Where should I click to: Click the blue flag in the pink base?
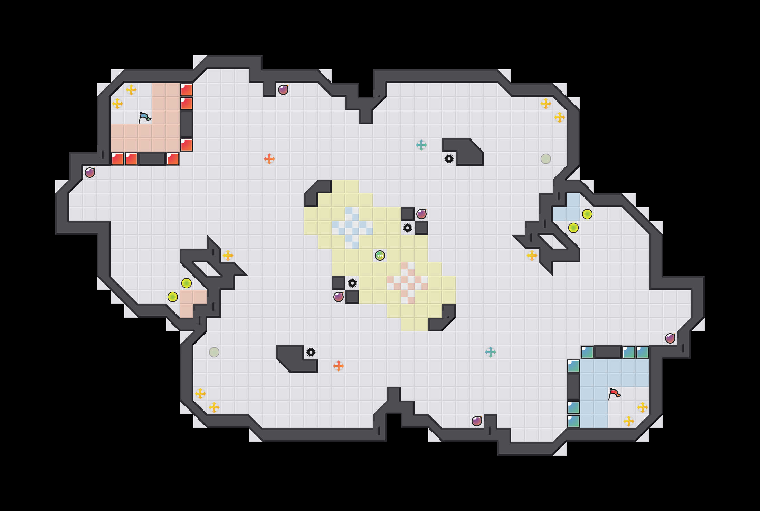144,117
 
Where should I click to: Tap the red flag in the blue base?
614,394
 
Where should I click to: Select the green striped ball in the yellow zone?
380,256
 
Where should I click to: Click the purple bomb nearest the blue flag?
90,172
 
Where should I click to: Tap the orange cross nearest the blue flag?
269,159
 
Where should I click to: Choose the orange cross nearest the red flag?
338,366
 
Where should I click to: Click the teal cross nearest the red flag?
490,352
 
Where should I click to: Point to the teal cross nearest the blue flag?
421,145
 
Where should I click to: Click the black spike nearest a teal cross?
449,159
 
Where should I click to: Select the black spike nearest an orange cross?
311,352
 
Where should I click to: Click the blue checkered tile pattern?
352,228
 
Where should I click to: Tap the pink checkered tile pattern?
408,283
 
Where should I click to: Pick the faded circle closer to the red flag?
545,159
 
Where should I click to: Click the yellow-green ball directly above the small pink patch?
186,283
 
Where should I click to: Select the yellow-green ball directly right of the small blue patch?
587,214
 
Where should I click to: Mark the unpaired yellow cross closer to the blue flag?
228,256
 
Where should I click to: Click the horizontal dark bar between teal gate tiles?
608,352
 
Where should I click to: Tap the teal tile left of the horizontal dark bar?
587,352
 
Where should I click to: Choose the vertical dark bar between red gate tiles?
186,124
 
